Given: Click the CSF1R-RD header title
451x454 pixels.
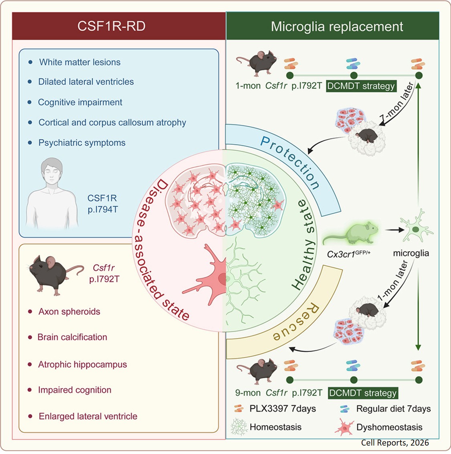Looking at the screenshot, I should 111,26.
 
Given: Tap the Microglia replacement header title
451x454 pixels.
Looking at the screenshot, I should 337,26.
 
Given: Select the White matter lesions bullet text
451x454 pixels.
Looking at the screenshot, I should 79,62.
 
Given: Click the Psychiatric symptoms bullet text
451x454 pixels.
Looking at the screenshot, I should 82,143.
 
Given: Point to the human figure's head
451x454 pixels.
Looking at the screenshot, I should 52,170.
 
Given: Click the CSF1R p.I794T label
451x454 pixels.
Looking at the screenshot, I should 103,204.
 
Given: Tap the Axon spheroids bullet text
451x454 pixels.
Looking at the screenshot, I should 69,311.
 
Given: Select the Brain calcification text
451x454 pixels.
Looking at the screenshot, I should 72,337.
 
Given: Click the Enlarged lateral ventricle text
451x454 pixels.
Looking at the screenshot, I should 88,416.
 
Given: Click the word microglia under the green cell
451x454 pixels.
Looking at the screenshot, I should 411,253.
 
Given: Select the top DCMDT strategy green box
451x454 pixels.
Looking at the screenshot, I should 361,86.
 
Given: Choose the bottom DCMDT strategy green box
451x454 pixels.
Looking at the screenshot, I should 363,393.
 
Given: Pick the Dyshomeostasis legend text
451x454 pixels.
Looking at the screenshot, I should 389,427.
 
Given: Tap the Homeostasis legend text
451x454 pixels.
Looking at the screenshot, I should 275,427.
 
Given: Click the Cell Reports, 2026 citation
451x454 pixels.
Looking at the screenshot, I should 394,443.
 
